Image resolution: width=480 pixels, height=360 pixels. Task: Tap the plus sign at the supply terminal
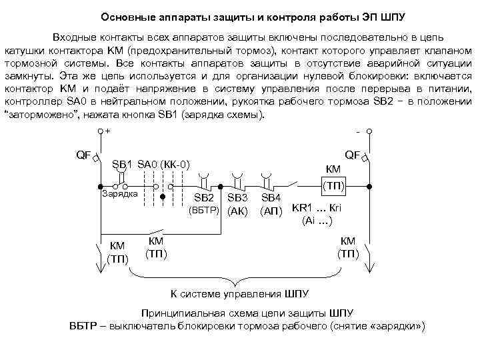[109, 131]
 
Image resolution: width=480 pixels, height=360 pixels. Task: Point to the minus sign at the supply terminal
[358, 131]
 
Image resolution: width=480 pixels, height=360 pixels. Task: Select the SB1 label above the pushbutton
[122, 164]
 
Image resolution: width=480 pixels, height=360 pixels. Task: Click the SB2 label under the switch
[203, 199]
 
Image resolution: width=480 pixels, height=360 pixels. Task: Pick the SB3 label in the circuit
[237, 199]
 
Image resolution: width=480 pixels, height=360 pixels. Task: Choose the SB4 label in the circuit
[271, 199]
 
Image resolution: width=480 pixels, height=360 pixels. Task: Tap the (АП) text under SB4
[271, 212]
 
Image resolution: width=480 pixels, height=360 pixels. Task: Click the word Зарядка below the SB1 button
[119, 194]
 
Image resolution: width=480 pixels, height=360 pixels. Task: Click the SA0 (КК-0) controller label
[164, 164]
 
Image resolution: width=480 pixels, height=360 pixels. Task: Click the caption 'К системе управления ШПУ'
[240, 293]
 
